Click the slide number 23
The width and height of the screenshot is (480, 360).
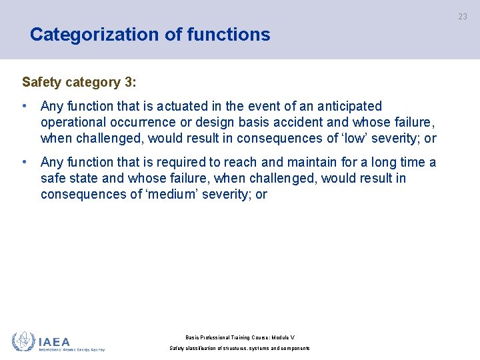click(x=463, y=17)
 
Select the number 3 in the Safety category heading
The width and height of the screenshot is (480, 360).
click(x=128, y=83)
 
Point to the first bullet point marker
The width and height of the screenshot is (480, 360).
click(x=25, y=106)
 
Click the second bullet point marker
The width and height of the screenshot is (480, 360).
click(x=25, y=162)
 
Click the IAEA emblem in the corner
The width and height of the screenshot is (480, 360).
click(x=23, y=341)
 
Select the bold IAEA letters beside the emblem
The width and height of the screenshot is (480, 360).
click(x=55, y=341)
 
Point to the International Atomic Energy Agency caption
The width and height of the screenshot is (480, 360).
click(x=71, y=349)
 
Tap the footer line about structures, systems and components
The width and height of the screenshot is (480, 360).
click(x=239, y=348)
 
